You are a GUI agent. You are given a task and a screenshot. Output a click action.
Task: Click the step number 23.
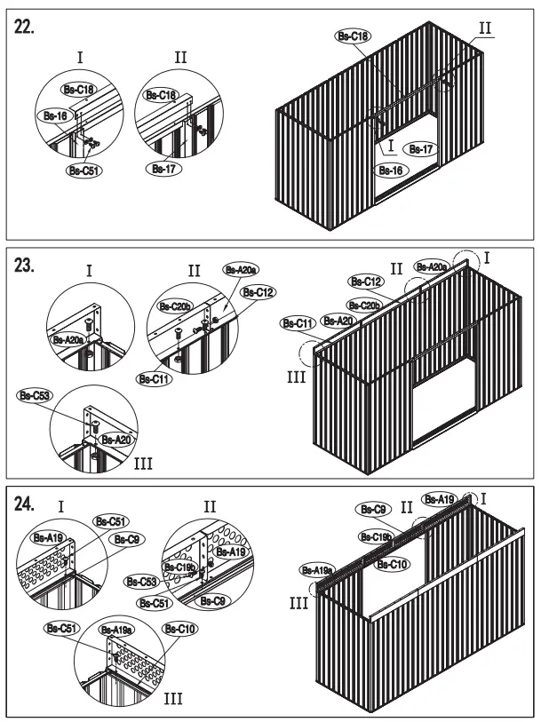(x=25, y=266)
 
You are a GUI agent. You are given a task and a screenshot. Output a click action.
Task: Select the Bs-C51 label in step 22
(x=84, y=171)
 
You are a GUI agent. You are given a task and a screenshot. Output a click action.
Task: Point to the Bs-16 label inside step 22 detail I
(x=55, y=116)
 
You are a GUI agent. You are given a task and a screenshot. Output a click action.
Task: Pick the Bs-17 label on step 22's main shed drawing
(x=418, y=149)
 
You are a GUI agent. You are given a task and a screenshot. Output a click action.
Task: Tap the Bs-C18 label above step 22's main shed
(x=353, y=36)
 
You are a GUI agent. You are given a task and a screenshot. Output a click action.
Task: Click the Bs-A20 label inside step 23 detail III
(x=115, y=439)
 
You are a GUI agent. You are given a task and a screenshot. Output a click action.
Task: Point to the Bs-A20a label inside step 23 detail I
(x=69, y=339)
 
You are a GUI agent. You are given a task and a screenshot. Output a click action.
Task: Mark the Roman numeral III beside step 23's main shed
(x=297, y=377)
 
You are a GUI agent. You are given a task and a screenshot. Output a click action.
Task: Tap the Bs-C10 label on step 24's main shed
(x=393, y=563)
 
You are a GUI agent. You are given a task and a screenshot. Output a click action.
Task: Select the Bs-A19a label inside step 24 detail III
(x=116, y=629)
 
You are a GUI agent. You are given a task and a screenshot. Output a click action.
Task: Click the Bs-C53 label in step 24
(x=141, y=582)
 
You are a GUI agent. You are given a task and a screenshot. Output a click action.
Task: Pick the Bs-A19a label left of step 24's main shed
(x=317, y=570)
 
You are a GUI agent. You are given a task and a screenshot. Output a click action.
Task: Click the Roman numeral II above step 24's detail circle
(x=210, y=506)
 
